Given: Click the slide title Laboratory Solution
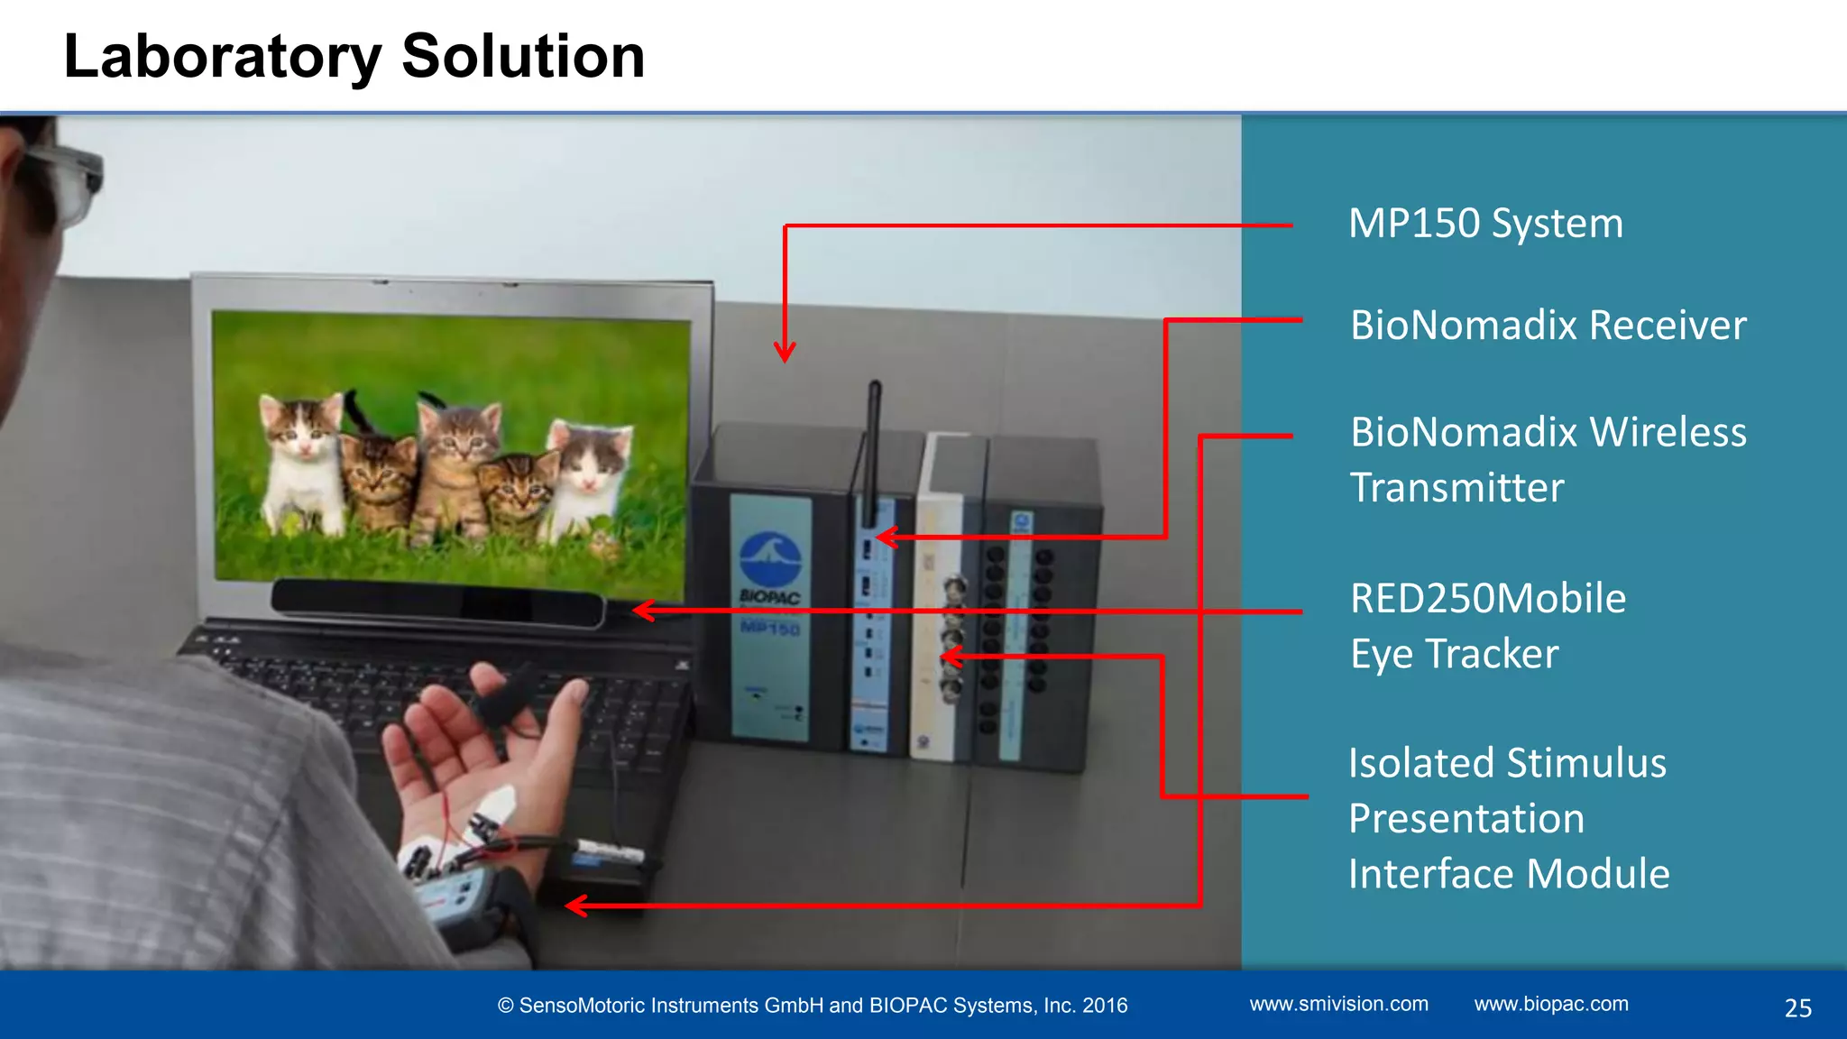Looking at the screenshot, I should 354,57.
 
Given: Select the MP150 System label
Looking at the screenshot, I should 1485,224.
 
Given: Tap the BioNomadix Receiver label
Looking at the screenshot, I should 1548,326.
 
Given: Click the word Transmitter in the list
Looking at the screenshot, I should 1456,488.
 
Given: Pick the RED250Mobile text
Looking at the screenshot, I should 1488,599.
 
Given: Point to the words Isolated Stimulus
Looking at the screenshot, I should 1507,764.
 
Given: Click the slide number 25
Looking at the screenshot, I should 1797,1008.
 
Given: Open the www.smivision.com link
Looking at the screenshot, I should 1338,1004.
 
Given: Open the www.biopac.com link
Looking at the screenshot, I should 1551,1004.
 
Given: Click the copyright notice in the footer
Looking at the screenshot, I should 813,1006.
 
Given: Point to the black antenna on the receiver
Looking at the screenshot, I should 873,451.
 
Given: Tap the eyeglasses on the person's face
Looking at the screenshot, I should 63,180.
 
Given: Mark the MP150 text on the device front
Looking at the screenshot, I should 769,627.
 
